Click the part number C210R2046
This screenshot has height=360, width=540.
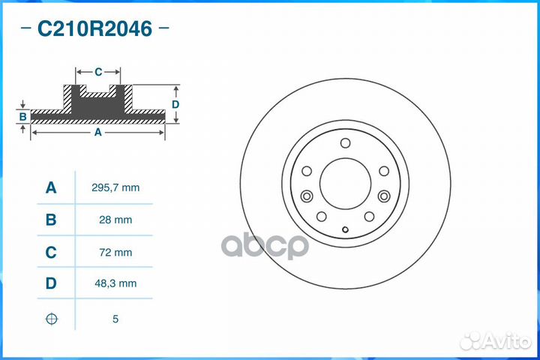(x=94, y=29)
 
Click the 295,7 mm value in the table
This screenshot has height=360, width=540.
(x=115, y=187)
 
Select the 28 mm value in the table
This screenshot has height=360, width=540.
(x=115, y=220)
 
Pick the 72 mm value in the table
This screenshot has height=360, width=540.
(x=115, y=253)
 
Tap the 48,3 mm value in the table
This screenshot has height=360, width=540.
(x=115, y=285)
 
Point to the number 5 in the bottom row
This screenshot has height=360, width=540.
(x=115, y=319)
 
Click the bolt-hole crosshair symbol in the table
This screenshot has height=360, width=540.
(x=51, y=319)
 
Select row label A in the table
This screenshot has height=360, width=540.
(x=51, y=187)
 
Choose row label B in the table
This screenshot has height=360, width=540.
(x=51, y=220)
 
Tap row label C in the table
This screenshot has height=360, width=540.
(x=51, y=253)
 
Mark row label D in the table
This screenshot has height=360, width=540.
(x=51, y=285)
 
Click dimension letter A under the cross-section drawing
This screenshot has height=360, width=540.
(x=97, y=133)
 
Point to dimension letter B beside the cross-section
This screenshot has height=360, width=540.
(x=23, y=116)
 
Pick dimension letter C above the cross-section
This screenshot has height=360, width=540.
(x=98, y=72)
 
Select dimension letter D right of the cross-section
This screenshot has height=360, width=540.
(x=175, y=104)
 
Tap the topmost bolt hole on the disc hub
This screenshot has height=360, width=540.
(x=345, y=145)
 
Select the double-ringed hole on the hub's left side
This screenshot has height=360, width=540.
(x=306, y=196)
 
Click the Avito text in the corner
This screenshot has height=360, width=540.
(x=504, y=341)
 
